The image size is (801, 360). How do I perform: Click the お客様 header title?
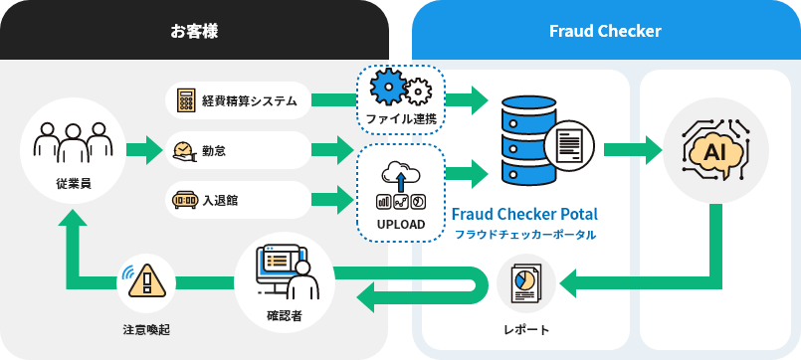(x=194, y=31)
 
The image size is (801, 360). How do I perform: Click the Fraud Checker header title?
(x=605, y=31)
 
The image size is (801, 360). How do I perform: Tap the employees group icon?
(x=69, y=140)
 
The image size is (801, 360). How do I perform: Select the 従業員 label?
(x=69, y=183)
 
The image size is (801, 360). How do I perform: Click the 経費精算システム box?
(x=238, y=100)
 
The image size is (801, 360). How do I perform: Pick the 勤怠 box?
(x=238, y=150)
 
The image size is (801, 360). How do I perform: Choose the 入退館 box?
(x=238, y=200)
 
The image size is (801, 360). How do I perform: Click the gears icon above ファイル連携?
(x=400, y=89)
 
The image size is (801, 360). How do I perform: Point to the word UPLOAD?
(x=401, y=225)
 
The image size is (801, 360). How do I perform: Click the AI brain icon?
(x=713, y=151)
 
